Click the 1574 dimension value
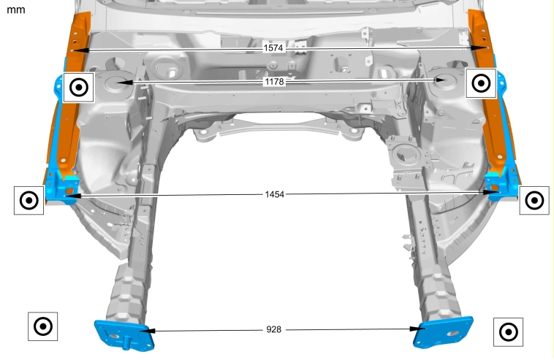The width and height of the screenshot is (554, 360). [273, 47]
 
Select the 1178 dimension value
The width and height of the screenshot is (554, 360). [275, 82]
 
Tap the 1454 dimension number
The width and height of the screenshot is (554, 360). [275, 194]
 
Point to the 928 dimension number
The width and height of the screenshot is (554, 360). [274, 329]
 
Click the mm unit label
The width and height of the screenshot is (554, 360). [16, 9]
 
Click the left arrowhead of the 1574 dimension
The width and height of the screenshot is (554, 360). [80, 50]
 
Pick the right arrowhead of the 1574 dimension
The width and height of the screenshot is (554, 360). [479, 48]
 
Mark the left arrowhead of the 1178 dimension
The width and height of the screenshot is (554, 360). [124, 83]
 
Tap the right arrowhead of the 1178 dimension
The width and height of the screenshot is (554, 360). [437, 80]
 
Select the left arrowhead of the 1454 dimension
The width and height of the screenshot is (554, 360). [73, 195]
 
